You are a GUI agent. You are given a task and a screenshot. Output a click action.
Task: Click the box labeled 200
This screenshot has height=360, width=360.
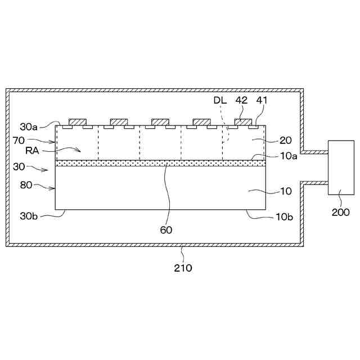click(x=341, y=168)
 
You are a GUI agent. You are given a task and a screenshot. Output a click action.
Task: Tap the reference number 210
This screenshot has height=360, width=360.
click(x=183, y=268)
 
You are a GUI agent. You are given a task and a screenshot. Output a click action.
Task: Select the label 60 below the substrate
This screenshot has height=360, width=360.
click(x=166, y=229)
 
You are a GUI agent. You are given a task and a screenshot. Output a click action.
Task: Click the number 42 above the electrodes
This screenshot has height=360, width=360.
click(x=241, y=100)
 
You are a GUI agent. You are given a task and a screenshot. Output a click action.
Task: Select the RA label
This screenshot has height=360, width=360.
click(x=33, y=150)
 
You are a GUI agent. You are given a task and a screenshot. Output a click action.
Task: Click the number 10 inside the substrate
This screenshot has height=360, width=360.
click(x=286, y=191)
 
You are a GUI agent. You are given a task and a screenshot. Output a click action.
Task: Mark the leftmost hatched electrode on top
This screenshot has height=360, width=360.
click(x=78, y=122)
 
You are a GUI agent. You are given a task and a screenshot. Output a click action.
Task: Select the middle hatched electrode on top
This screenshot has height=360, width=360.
click(x=160, y=122)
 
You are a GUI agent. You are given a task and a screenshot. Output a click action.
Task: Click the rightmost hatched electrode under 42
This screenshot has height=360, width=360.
click(x=243, y=122)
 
